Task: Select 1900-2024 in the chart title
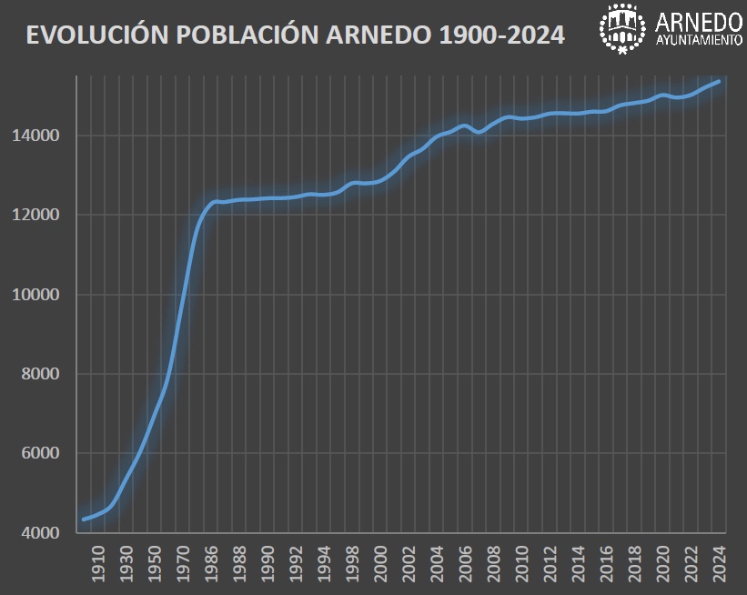[501, 35]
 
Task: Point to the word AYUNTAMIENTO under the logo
[698, 42]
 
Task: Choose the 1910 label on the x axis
[98, 563]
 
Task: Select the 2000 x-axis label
[381, 563]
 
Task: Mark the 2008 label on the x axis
[494, 563]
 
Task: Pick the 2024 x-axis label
[719, 563]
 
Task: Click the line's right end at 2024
[720, 81]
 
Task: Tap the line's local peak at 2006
[465, 126]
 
